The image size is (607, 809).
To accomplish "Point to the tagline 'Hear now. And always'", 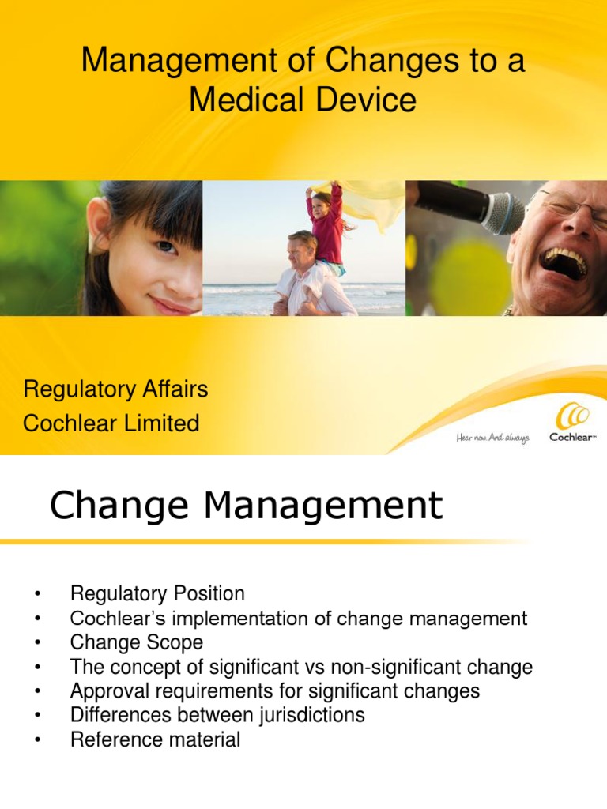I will (492, 437).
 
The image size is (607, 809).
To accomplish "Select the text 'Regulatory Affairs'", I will (115, 389).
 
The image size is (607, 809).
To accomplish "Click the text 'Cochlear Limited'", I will (111, 423).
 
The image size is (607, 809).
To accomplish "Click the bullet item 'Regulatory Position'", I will (157, 593).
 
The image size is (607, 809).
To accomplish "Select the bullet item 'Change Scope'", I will (136, 642).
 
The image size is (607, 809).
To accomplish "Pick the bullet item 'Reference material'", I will (155, 740).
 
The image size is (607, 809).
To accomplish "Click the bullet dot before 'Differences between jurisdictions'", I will (36, 717).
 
